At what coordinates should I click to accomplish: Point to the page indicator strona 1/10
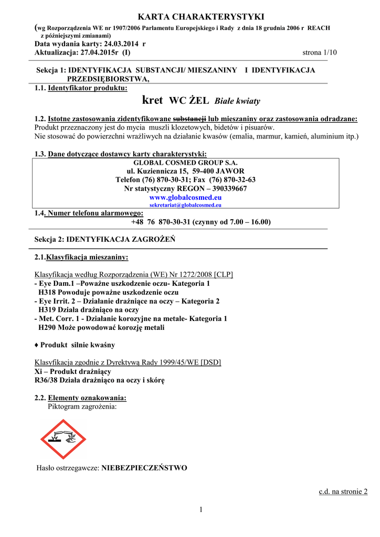coord(320,53)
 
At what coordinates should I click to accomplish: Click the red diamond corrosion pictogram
coord(64,439)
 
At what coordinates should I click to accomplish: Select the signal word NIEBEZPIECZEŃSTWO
coord(144,468)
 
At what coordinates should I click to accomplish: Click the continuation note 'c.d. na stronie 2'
coord(343,491)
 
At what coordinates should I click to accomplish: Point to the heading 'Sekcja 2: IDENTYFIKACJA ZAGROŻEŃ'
coord(104,239)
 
